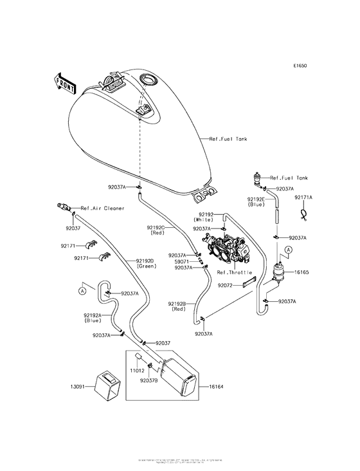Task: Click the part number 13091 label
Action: coord(80,387)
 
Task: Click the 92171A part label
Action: coord(303,198)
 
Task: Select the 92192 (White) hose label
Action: coord(206,217)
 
